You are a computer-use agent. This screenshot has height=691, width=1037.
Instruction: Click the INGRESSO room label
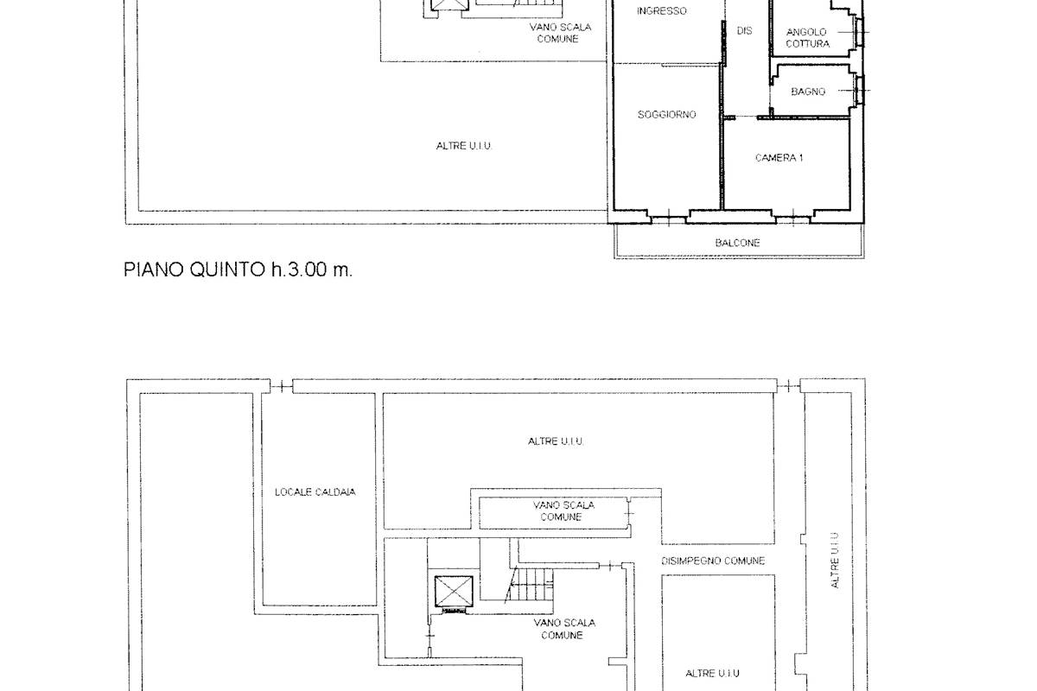coord(662,11)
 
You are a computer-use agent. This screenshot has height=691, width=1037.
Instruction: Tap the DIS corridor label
coord(744,30)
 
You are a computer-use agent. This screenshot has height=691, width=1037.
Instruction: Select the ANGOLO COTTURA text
coord(807,38)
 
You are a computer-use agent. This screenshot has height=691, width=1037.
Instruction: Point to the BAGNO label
coord(808,92)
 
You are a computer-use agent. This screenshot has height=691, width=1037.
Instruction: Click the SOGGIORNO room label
coord(666,115)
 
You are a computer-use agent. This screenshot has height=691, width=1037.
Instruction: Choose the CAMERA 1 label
coord(779,158)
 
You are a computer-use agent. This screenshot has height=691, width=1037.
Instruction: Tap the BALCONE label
coord(737,243)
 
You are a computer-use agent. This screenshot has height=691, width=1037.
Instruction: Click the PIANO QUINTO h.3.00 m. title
coord(239,269)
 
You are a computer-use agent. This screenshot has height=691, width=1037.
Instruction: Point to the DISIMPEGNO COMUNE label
coord(713,561)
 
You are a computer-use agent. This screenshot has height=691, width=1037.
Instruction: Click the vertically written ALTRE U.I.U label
coord(836,560)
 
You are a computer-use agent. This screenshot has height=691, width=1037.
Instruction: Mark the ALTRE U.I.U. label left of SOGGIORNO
coord(463,146)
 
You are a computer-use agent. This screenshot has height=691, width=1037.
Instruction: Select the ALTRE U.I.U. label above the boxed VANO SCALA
coord(556,441)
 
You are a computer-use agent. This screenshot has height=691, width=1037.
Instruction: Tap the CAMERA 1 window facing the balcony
coord(792,219)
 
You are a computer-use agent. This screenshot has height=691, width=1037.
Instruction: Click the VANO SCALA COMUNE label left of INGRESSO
coord(561,33)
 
